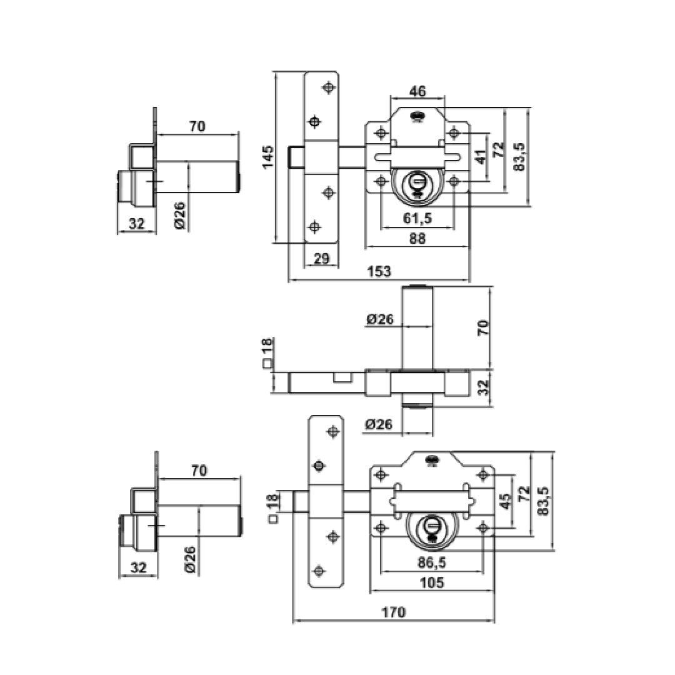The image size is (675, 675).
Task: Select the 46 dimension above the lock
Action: tap(417, 91)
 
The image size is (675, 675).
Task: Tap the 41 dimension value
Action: tap(481, 156)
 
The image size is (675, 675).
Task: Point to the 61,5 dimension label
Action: tap(417, 218)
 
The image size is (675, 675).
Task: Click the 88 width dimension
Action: tap(417, 238)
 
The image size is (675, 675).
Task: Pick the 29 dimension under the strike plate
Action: tap(321, 257)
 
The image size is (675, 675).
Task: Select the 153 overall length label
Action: tap(379, 271)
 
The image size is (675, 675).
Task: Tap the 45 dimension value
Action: tap(506, 501)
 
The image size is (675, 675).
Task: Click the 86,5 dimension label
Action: tap(432, 562)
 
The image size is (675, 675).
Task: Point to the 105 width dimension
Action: tap(432, 582)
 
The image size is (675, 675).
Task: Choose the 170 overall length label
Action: tap(394, 612)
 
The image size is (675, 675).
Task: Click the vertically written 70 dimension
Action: tap(483, 327)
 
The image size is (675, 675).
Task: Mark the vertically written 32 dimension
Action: tap(483, 387)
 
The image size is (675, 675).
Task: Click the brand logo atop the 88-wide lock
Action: tap(416, 116)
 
